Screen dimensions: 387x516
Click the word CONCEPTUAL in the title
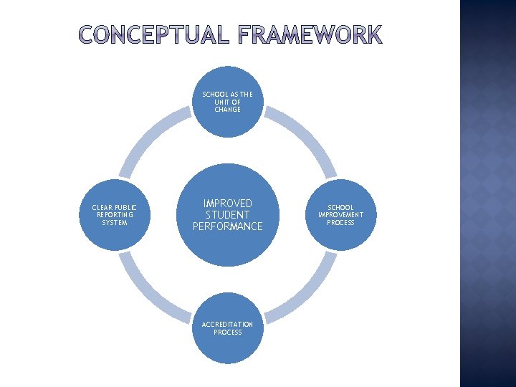(x=150, y=35)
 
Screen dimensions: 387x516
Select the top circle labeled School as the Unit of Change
(x=227, y=102)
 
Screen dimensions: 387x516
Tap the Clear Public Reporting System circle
(x=115, y=214)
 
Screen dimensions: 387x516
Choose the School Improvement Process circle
(x=340, y=214)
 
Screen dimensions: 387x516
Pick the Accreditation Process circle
(x=227, y=328)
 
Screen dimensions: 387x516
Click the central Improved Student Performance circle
(x=227, y=215)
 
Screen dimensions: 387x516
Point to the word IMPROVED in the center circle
(x=228, y=204)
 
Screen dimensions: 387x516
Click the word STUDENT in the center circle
(x=228, y=215)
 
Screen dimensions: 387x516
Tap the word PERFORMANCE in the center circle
(x=228, y=226)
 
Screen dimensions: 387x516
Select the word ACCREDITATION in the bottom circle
(x=227, y=325)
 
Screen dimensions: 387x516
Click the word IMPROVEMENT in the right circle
(x=340, y=215)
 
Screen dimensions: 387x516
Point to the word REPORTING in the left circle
(x=115, y=215)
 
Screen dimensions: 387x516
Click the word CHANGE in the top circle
(x=227, y=110)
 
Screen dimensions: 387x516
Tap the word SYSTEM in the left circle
(x=115, y=222)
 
